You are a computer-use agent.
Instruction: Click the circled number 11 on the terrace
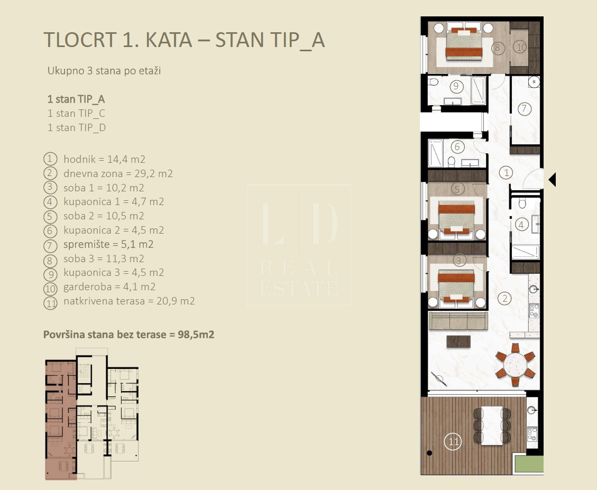[453, 442]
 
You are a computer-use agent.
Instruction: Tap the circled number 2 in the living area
[505, 298]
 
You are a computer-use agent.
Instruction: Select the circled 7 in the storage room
[524, 109]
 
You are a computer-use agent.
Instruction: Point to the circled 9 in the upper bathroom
[456, 87]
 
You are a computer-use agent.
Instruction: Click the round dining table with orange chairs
[515, 365]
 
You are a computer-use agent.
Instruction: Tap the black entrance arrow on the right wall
[553, 180]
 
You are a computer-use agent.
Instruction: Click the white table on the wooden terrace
[492, 426]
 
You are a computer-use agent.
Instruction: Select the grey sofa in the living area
[458, 321]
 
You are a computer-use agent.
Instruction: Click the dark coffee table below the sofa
[458, 341]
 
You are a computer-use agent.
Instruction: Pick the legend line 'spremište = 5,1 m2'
[108, 244]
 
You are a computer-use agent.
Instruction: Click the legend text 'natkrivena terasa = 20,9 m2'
[129, 301]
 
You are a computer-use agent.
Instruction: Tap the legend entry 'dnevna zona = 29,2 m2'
[118, 173]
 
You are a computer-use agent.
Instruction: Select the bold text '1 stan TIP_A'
[76, 99]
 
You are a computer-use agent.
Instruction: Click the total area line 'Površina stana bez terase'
[128, 335]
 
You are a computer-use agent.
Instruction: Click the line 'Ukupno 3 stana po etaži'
[104, 71]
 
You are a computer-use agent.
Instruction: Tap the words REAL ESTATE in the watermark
[299, 278]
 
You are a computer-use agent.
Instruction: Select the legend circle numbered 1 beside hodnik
[50, 159]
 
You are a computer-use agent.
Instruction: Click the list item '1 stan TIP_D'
[77, 127]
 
